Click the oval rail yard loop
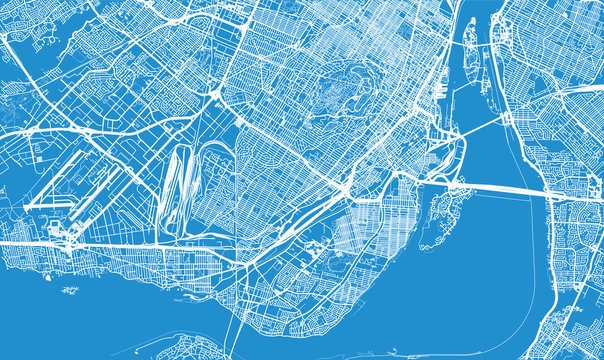pos(186,190)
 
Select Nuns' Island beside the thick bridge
pos(435,215)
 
